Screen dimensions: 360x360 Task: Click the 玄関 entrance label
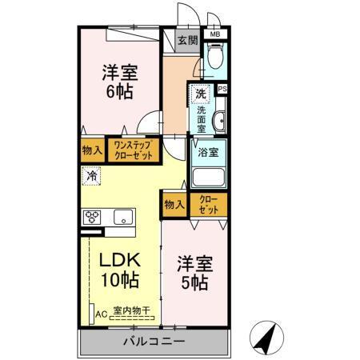point(187,39)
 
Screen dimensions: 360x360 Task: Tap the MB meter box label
point(215,35)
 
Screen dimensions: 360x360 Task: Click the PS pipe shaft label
point(222,89)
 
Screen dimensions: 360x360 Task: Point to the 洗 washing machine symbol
point(200,94)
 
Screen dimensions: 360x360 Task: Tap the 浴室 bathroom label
point(206,149)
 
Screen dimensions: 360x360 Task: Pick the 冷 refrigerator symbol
point(92,175)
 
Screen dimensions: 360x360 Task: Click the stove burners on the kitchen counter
point(93,216)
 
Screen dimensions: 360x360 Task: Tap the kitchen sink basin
point(123,216)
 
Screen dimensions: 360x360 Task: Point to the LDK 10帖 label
point(120,270)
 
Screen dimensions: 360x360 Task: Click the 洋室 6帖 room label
point(118,81)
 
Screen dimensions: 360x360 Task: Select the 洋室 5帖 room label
point(194,272)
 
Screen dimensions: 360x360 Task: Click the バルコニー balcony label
point(154,342)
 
